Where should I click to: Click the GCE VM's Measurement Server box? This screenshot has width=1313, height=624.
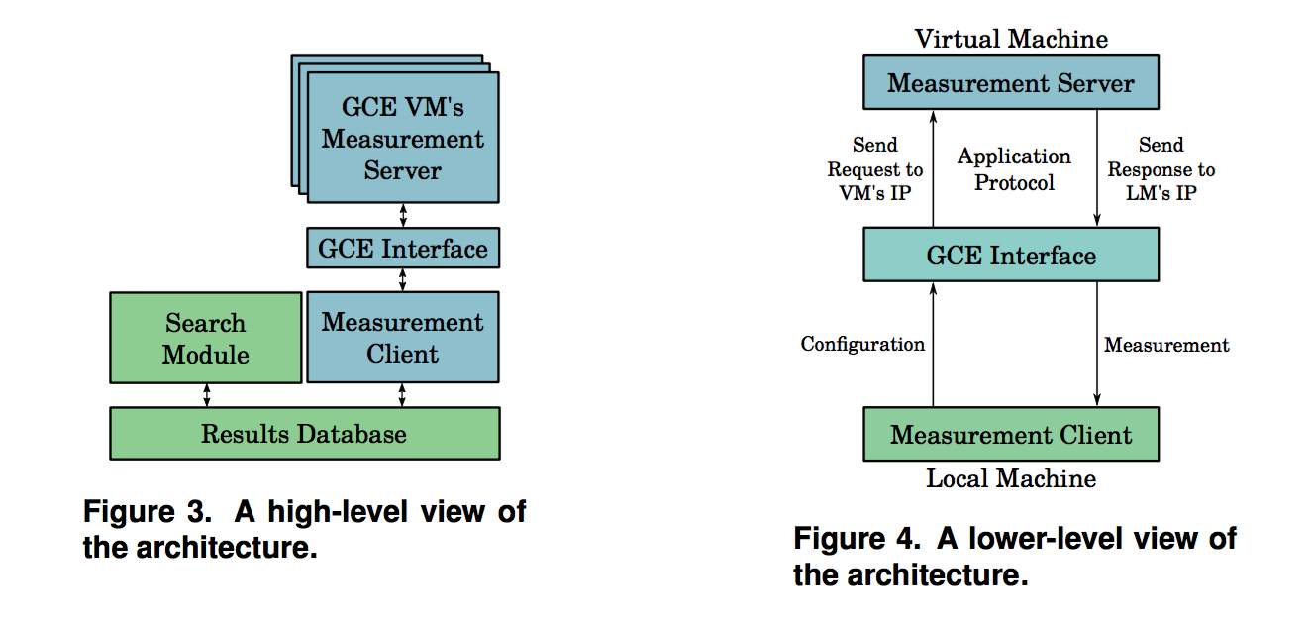(402, 140)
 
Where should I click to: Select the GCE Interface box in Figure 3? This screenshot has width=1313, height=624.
(402, 247)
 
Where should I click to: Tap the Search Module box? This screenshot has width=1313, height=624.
(205, 338)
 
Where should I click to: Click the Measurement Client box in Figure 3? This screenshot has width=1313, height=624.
(402, 337)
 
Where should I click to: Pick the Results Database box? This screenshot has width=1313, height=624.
(304, 433)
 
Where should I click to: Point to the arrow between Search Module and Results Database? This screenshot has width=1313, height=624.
(206, 395)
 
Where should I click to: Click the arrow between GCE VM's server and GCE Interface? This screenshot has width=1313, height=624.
(402, 215)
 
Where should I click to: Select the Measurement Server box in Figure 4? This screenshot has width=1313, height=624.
(1010, 83)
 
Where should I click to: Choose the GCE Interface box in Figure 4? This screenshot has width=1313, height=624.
(1010, 256)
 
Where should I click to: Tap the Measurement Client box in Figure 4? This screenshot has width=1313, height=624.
(1010, 435)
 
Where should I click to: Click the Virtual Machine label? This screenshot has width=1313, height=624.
(1011, 39)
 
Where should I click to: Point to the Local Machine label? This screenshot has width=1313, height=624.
(1011, 479)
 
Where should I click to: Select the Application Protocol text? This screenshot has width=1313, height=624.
(1014, 169)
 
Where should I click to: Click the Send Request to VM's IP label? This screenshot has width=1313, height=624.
(874, 169)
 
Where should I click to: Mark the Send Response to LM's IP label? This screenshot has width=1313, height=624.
(1161, 169)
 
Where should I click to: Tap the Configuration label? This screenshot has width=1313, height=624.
(862, 345)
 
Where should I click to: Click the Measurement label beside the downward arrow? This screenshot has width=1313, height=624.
(1166, 345)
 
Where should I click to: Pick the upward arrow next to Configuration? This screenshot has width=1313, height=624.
(933, 345)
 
